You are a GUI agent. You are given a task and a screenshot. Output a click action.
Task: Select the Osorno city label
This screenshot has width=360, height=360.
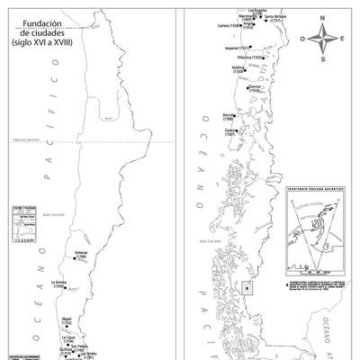(254, 87)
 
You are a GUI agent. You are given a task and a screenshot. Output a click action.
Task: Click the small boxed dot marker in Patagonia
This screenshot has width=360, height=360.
(247, 288)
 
